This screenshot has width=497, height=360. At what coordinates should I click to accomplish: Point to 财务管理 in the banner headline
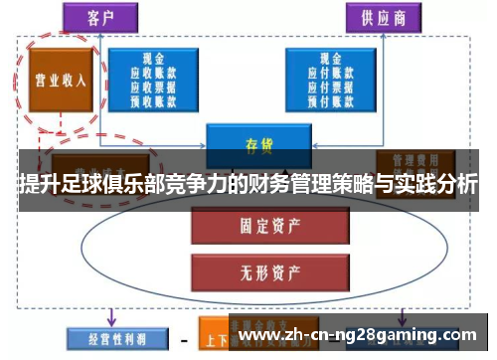(281, 185)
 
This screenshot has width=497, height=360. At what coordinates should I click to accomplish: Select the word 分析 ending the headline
(460, 185)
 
